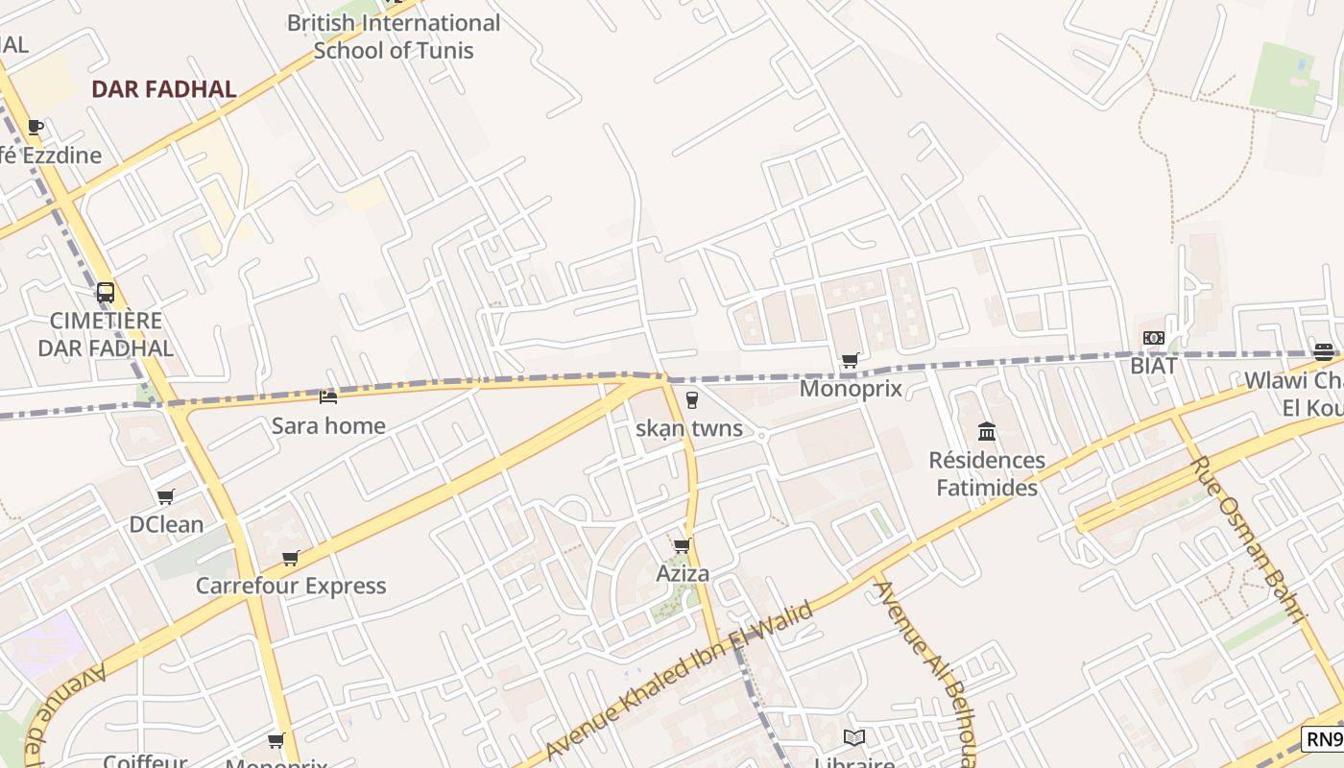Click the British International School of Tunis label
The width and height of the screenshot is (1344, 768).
(x=394, y=36)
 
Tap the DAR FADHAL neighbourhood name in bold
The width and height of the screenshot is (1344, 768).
(x=163, y=89)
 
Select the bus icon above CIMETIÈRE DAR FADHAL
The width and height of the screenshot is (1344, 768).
(x=106, y=293)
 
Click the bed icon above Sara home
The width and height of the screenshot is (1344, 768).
(x=328, y=396)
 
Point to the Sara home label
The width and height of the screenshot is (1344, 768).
(x=328, y=425)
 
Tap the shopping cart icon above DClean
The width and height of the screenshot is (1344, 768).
(x=166, y=496)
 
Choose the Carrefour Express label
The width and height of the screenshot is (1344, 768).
(x=291, y=586)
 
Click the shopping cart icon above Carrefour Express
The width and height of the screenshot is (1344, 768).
(x=291, y=558)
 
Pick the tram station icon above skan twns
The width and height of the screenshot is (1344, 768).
(x=690, y=400)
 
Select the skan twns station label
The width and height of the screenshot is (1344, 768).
(x=689, y=428)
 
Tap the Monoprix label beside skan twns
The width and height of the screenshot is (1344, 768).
(x=851, y=389)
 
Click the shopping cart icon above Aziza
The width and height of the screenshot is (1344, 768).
(x=683, y=546)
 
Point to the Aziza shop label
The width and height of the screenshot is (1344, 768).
(x=683, y=574)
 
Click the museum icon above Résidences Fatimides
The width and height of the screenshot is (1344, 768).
(x=987, y=431)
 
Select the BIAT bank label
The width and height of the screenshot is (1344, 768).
(x=1153, y=366)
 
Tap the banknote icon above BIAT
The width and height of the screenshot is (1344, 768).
(x=1154, y=338)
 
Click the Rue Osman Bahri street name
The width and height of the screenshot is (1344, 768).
(x=1250, y=538)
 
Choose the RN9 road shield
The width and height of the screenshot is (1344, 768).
(x=1323, y=739)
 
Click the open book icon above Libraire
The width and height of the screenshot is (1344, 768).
(x=854, y=737)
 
